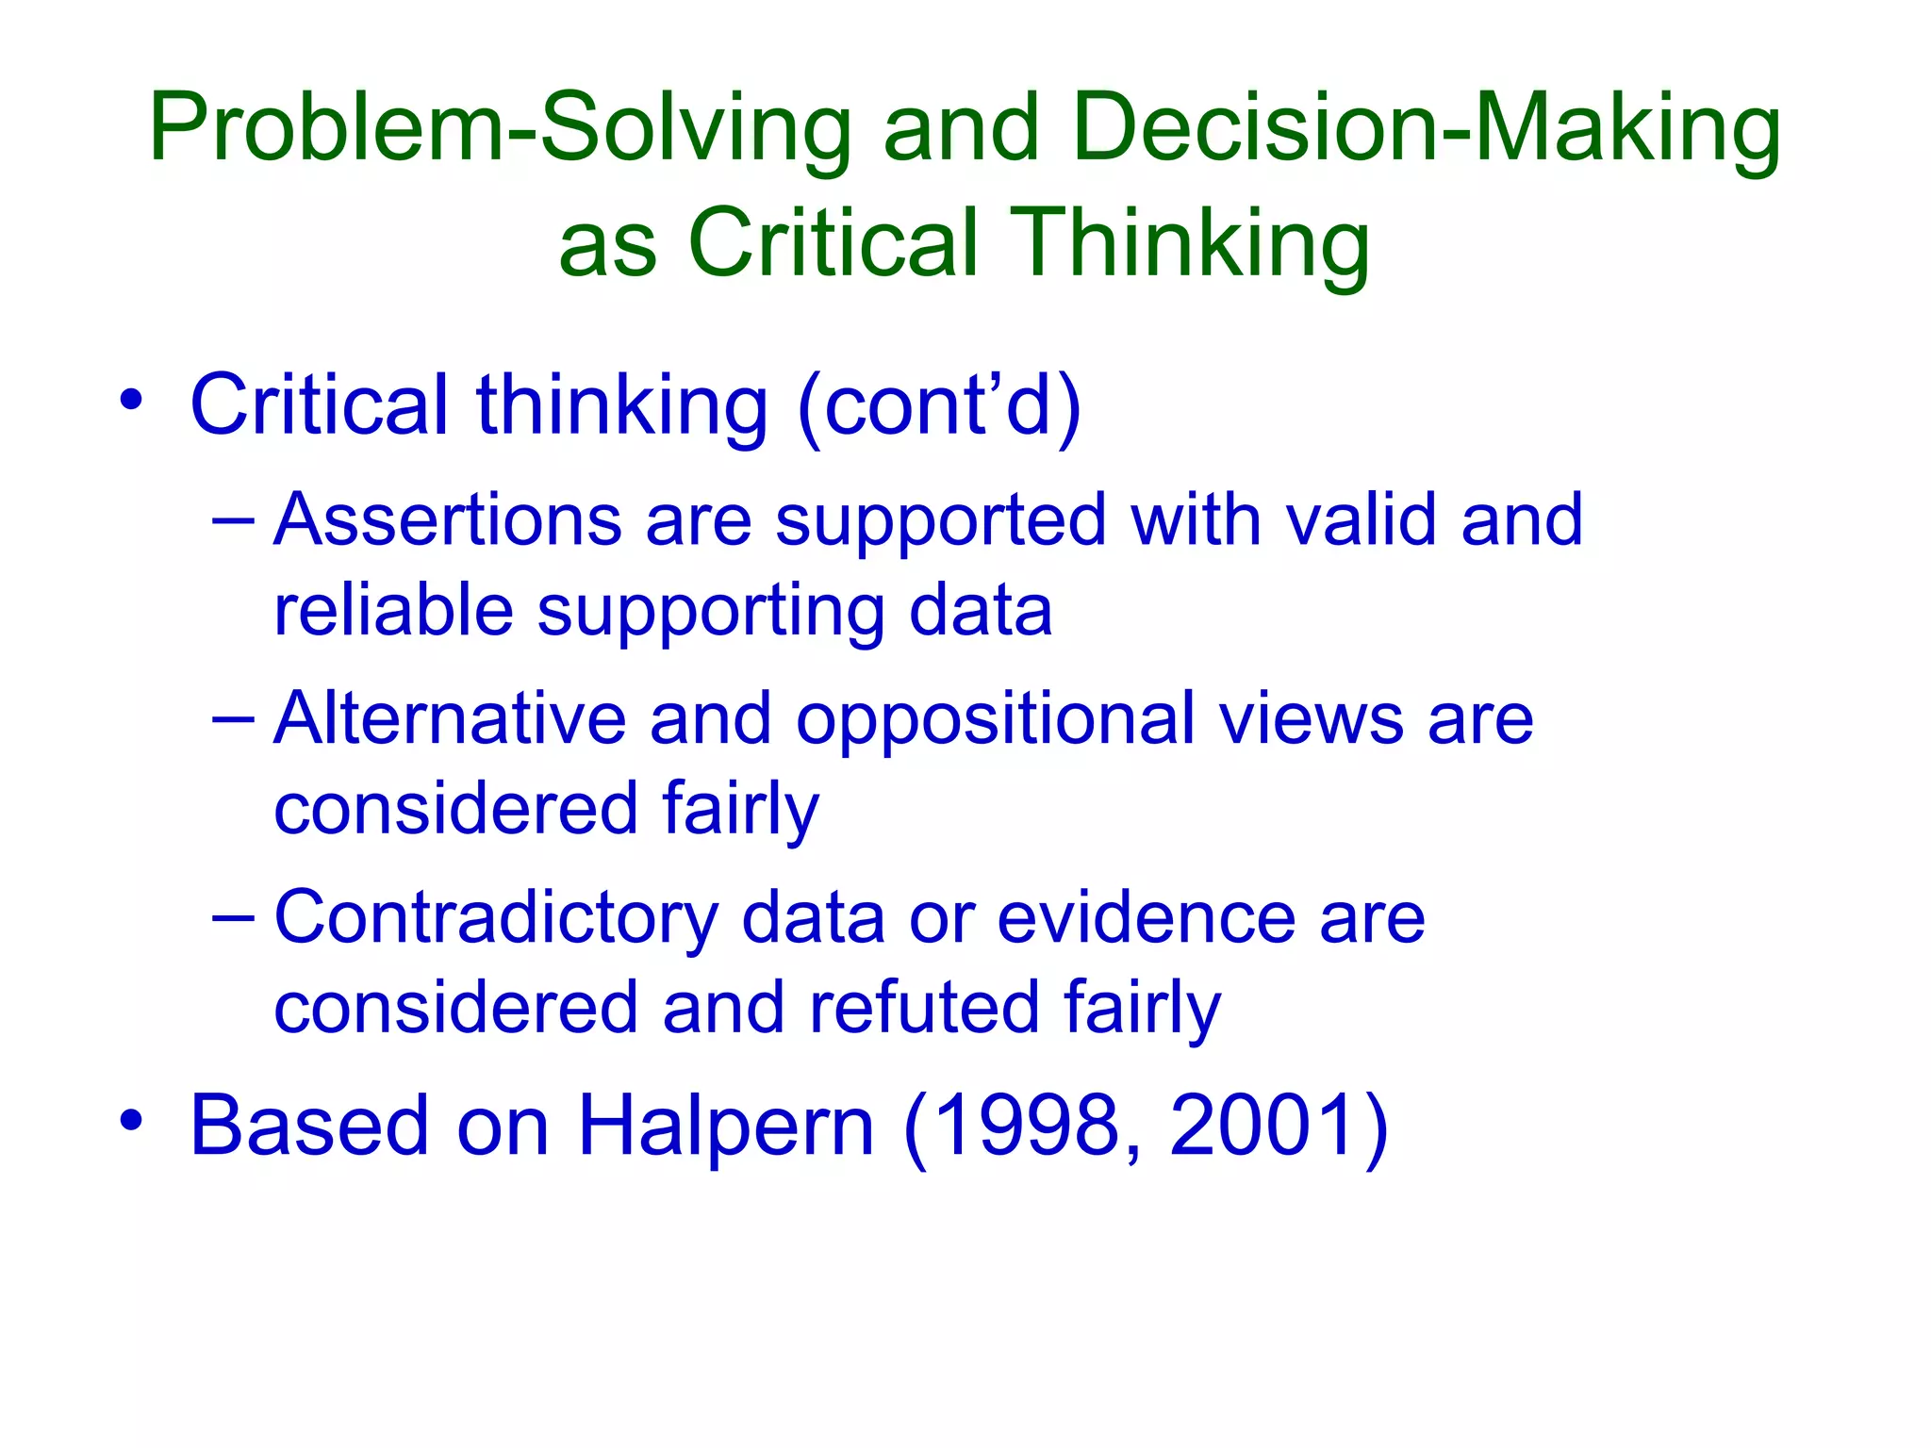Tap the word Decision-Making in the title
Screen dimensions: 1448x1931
pos(1426,129)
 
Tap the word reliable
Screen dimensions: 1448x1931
pos(393,610)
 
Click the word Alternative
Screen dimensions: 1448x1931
pos(450,718)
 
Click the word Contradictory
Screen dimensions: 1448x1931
pos(496,918)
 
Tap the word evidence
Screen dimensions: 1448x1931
pos(1146,918)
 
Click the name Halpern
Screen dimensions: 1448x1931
pos(726,1126)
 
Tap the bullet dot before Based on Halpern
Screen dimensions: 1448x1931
pos(131,1120)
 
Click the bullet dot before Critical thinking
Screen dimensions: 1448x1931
pos(131,400)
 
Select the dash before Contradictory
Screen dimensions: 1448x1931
pos(234,916)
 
